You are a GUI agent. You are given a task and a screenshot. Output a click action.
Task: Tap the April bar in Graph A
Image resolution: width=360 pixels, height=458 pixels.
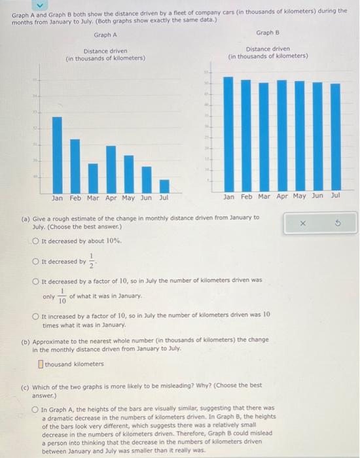coord(111,168)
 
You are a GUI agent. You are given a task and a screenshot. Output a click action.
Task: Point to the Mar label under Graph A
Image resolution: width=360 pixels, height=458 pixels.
coord(92,197)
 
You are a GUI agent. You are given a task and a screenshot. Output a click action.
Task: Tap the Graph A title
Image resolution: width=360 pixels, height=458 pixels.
coord(105,35)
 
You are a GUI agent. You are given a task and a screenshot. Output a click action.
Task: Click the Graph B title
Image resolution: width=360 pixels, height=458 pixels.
coord(268,32)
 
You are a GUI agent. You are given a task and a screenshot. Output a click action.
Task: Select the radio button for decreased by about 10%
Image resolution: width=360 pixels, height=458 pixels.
coord(37,241)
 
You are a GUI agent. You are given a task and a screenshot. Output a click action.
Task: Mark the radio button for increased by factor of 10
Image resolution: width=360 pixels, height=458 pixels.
coord(37,317)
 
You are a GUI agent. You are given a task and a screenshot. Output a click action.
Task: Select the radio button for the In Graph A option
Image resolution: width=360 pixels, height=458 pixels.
coord(37,408)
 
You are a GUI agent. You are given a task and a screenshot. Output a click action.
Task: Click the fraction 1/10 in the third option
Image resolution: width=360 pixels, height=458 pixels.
coord(62,297)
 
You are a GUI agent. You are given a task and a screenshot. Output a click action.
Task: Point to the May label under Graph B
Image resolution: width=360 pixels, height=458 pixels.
coord(299,196)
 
